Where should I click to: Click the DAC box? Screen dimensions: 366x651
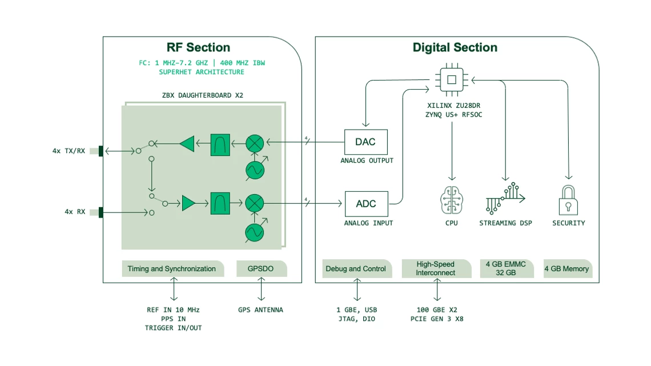(x=365, y=142)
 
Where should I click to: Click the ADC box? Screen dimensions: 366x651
(x=365, y=204)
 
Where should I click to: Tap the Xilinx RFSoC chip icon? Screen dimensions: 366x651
(x=451, y=80)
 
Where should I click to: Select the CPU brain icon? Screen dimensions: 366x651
(x=451, y=199)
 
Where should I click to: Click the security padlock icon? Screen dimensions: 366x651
(x=568, y=199)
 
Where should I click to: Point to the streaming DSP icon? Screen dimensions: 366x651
(x=505, y=198)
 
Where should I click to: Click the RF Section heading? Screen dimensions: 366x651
(x=198, y=47)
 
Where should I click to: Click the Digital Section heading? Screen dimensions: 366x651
(x=455, y=47)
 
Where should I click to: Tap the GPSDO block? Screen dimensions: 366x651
(x=262, y=268)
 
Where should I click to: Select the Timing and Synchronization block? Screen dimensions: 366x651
(x=171, y=268)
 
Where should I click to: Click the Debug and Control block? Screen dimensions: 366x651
(x=355, y=268)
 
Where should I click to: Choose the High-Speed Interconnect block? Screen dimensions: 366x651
(x=436, y=268)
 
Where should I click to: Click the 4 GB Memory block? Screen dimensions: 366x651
(x=566, y=268)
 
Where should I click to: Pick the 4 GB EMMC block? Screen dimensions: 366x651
(x=505, y=268)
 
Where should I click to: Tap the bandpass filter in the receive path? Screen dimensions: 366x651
(x=220, y=203)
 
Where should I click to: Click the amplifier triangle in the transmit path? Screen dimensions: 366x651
(x=187, y=143)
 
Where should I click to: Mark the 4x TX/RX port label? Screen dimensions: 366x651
(x=69, y=151)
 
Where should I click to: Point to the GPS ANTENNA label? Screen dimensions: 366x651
(x=260, y=309)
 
